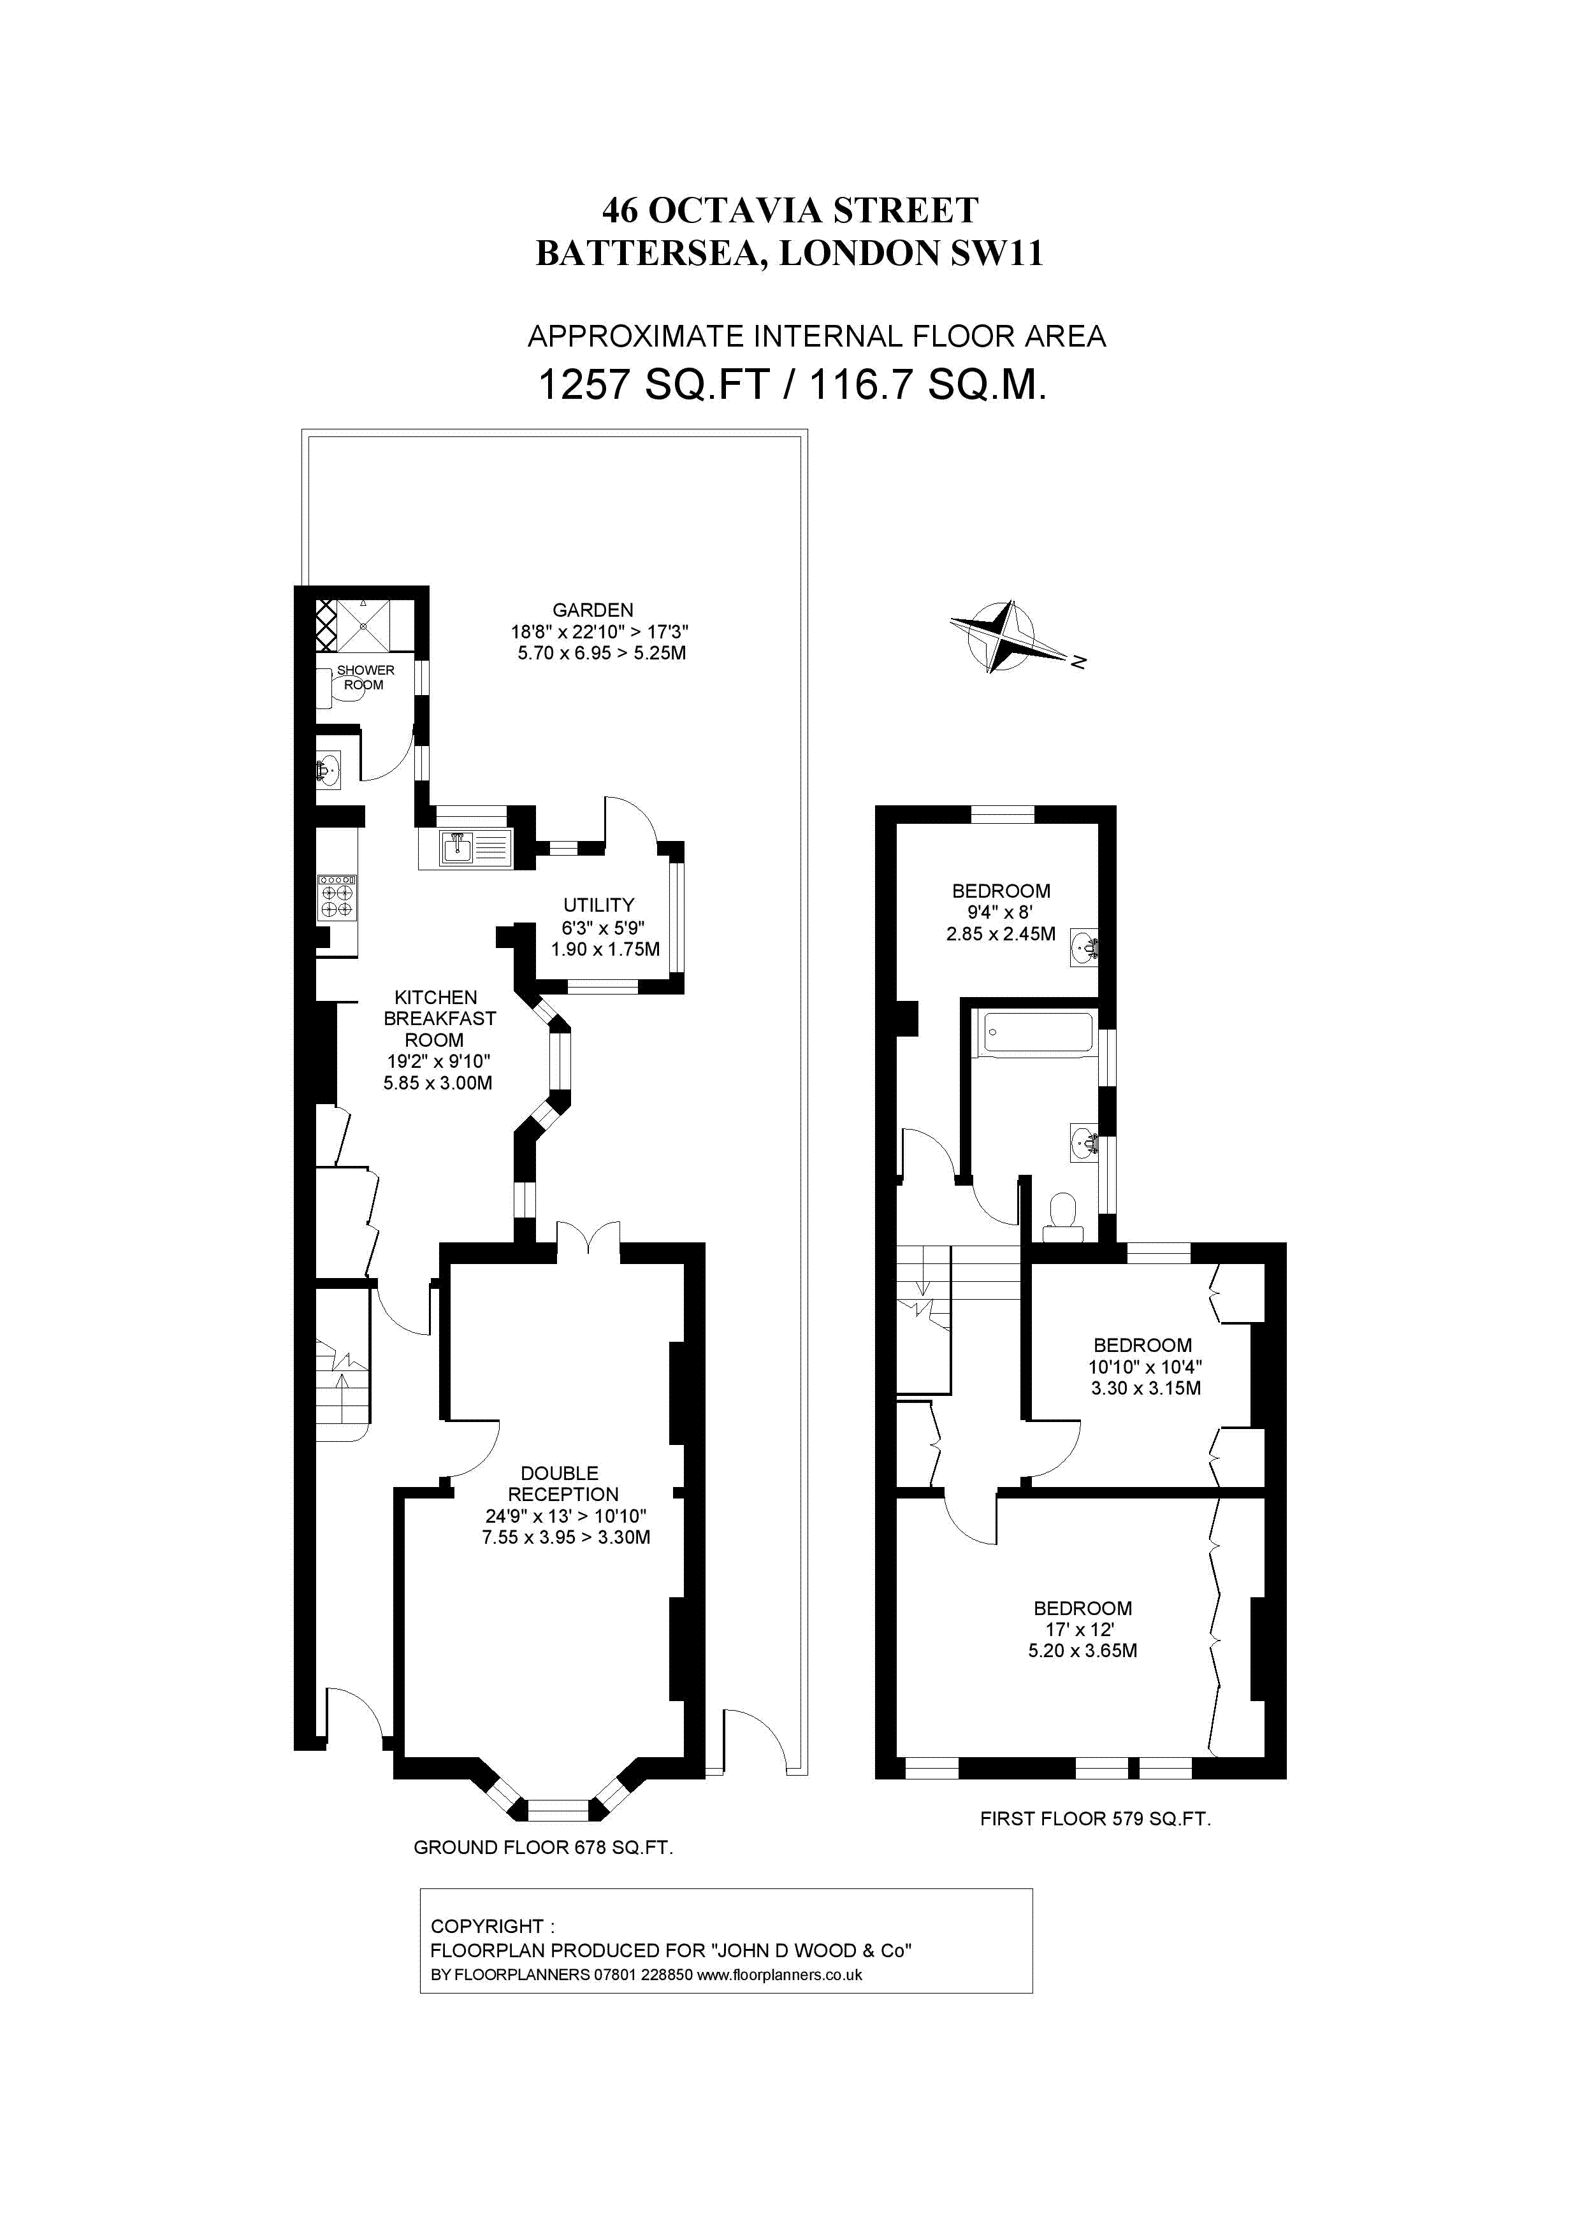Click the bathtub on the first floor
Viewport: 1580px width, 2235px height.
point(1038,1032)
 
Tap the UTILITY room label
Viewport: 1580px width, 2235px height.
point(598,904)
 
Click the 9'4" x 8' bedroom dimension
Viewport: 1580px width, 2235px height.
point(1000,912)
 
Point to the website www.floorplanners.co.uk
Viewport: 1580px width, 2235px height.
point(779,1975)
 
